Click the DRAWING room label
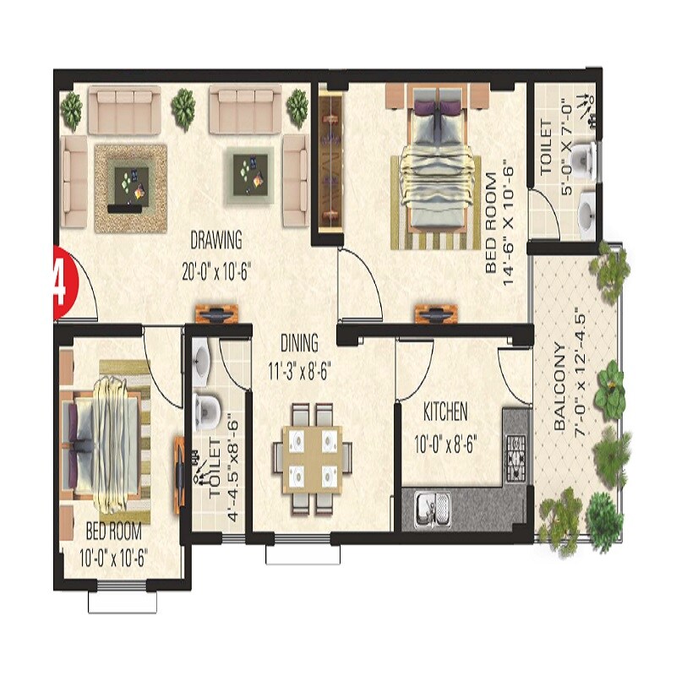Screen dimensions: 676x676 216,240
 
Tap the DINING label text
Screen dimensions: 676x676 300,343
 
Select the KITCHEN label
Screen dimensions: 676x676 445,413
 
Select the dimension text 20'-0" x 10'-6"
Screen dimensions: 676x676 215,272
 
